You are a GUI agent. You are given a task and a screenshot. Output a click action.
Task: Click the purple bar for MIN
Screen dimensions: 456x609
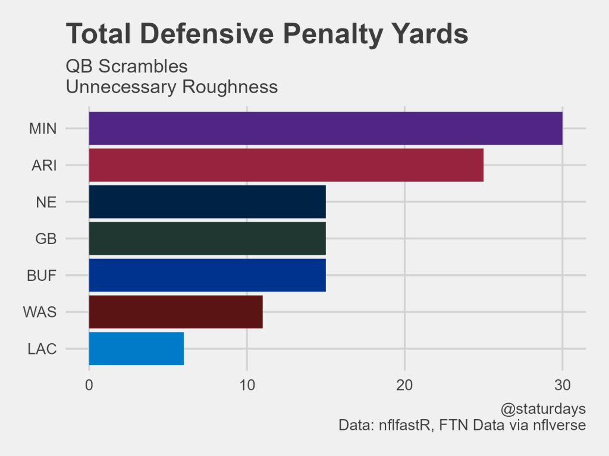tap(325, 128)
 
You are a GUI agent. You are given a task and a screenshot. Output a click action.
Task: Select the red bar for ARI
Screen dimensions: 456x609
tap(286, 165)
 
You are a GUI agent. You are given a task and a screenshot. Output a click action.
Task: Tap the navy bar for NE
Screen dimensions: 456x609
tap(207, 202)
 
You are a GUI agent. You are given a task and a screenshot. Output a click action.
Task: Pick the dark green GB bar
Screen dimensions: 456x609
tap(207, 239)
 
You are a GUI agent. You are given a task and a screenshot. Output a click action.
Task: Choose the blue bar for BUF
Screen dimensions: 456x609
tap(207, 275)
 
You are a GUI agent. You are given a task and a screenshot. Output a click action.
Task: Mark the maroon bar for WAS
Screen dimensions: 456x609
tap(175, 312)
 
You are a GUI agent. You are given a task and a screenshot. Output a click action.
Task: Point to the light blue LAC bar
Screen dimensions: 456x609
tap(136, 349)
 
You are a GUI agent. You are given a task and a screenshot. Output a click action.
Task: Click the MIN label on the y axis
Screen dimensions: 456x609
tap(43, 129)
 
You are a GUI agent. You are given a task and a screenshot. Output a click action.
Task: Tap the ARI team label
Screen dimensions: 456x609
tap(44, 166)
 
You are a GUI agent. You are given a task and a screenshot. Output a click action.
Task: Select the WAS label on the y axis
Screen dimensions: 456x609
tap(40, 312)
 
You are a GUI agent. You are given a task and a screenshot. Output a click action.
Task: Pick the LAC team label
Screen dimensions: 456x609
tap(42, 349)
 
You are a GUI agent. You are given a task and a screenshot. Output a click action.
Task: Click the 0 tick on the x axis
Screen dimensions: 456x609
tap(89, 385)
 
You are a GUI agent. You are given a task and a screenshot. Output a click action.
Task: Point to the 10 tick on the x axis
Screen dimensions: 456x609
tap(247, 385)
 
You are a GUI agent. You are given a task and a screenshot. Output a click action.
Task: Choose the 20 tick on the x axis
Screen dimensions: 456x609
tap(405, 385)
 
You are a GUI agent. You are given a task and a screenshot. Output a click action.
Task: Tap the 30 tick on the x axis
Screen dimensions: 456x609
tap(563, 385)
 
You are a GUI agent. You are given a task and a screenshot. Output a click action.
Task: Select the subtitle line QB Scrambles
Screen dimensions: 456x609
tap(127, 66)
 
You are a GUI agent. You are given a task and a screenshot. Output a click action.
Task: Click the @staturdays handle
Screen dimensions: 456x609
tap(544, 410)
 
